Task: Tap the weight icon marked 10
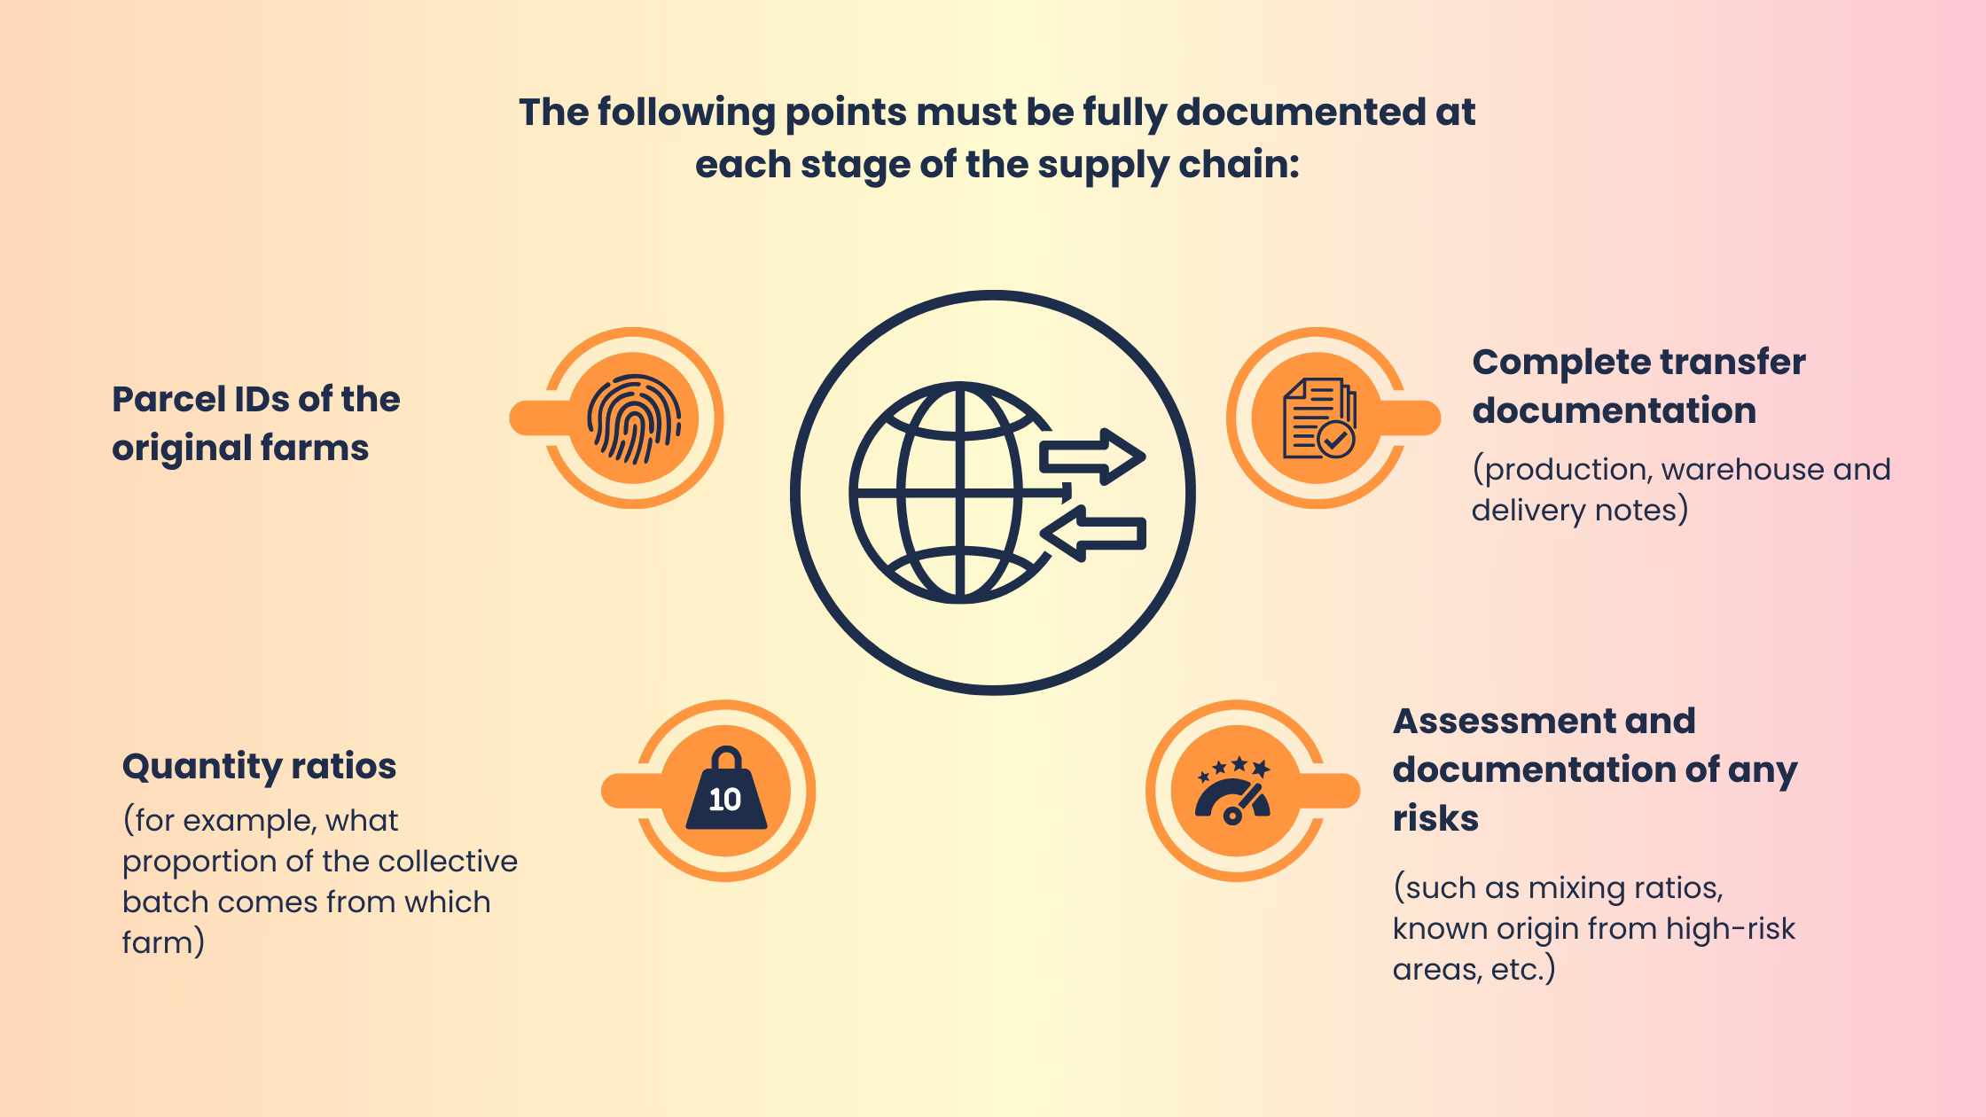[x=726, y=791]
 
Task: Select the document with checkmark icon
[x=1318, y=419]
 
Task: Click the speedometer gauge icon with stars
[x=1233, y=791]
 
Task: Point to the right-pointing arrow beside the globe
[x=1092, y=457]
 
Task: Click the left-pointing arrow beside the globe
[x=1092, y=534]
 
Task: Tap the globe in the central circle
[x=953, y=493]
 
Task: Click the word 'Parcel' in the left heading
[x=167, y=400]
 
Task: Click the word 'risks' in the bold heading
[x=1435, y=817]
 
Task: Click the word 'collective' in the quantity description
[x=447, y=861]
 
